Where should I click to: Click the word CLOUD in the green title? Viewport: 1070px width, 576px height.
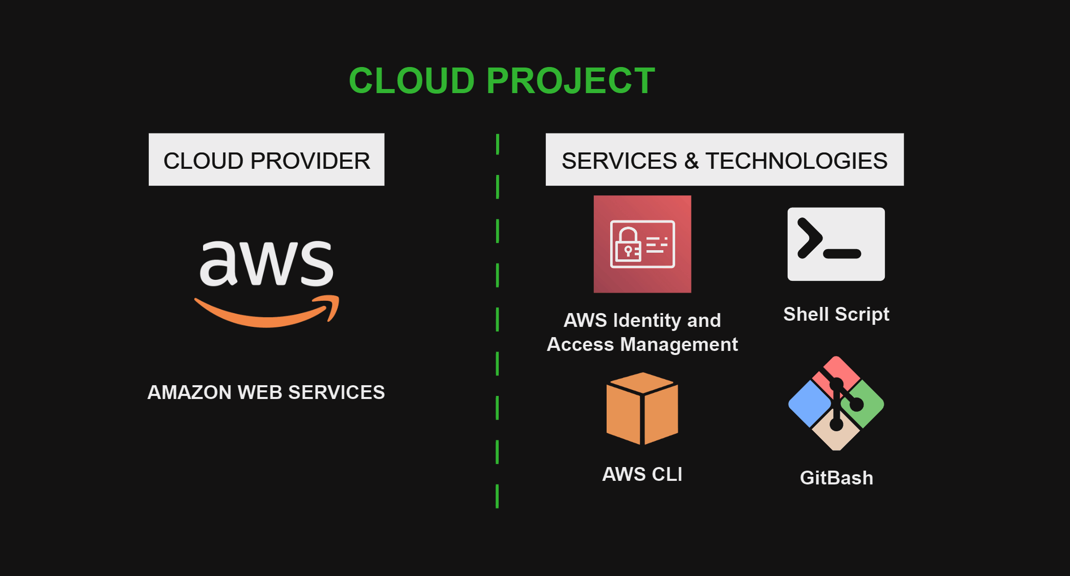click(x=412, y=81)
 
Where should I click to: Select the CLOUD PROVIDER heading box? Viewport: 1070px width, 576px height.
click(x=266, y=160)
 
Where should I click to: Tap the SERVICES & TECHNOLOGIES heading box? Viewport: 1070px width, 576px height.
click(x=724, y=160)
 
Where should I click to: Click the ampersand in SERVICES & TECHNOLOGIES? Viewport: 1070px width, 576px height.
click(x=692, y=161)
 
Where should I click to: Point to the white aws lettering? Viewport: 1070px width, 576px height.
click(x=266, y=263)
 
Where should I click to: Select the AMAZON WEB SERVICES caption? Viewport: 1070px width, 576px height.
click(x=266, y=392)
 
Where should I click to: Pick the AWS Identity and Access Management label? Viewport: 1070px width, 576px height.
click(x=642, y=332)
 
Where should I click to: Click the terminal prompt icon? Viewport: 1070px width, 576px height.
click(x=836, y=244)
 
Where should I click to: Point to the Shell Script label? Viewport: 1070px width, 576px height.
click(x=836, y=314)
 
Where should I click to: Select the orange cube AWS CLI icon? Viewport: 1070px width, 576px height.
click(x=642, y=409)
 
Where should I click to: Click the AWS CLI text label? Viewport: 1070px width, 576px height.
click(x=642, y=474)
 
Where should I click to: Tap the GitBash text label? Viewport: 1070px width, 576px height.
click(x=836, y=478)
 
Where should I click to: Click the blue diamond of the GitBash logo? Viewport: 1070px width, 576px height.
click(x=809, y=404)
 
